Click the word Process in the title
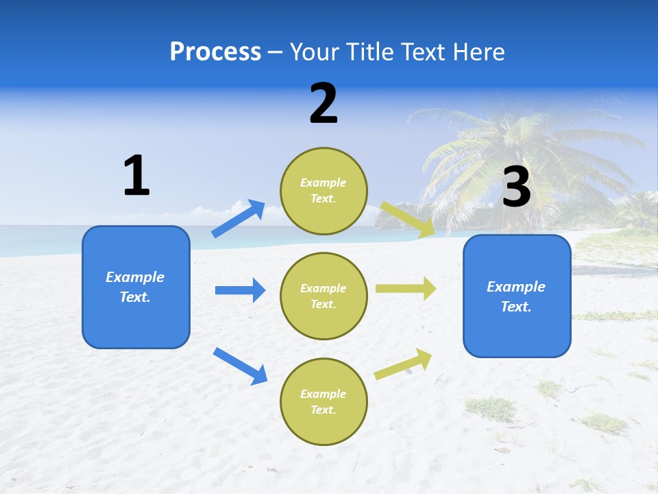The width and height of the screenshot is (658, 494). pyautogui.click(x=215, y=52)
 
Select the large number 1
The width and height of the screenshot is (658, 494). pyautogui.click(x=136, y=176)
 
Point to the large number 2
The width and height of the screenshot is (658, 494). pyautogui.click(x=324, y=104)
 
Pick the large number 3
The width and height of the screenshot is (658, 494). pyautogui.click(x=516, y=187)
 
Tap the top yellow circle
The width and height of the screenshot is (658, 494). pyautogui.click(x=324, y=191)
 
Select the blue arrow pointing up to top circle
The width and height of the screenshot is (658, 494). pyautogui.click(x=238, y=219)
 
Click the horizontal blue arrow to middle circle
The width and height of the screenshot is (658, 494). pyautogui.click(x=240, y=290)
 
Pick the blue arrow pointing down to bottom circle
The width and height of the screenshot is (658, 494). pyautogui.click(x=240, y=366)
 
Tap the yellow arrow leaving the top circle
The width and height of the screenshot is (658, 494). pyautogui.click(x=408, y=219)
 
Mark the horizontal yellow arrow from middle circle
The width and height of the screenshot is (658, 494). pyautogui.click(x=405, y=288)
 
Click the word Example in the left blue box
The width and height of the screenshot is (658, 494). pyautogui.click(x=135, y=277)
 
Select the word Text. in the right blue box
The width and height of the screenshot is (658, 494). pyautogui.click(x=516, y=307)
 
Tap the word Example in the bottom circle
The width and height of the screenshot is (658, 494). pyautogui.click(x=324, y=394)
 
